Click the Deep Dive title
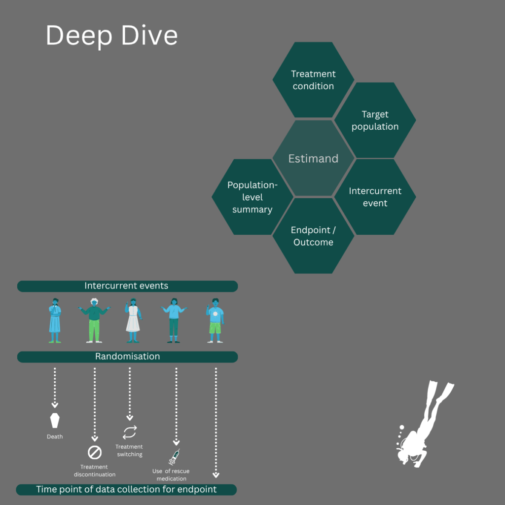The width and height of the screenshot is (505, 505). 111,36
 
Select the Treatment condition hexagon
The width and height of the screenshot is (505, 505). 313,80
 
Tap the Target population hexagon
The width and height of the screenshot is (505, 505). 375,120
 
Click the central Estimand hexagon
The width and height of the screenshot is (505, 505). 313,159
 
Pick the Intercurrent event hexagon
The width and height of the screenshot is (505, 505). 375,197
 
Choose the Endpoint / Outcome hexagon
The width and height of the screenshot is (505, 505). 313,236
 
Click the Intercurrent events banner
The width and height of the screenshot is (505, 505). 127,286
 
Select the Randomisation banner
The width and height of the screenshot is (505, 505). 127,357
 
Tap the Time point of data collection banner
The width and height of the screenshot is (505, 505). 127,490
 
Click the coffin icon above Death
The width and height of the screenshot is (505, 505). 55,421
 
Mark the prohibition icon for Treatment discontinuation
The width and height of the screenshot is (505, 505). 95,452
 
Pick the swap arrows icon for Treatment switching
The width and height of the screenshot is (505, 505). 130,433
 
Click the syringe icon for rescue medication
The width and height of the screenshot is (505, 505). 174,458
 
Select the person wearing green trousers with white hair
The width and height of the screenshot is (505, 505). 94,321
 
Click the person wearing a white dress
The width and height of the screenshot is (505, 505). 132,321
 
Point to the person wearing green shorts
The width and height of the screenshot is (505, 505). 215,321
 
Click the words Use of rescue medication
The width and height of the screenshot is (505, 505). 171,475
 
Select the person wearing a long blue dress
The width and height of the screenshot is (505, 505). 55,321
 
